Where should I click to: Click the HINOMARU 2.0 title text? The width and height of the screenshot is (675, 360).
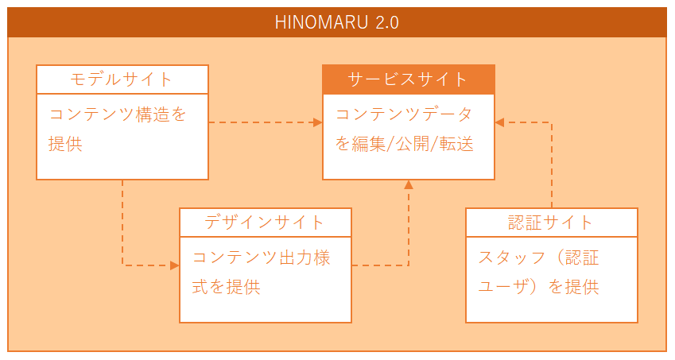coord(336,22)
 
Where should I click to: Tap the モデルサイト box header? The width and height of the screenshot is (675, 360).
coord(122,79)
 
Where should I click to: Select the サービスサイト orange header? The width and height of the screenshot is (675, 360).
coord(409,79)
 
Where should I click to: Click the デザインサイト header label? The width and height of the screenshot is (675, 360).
coord(264,223)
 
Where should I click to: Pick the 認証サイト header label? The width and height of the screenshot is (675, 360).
coord(551,223)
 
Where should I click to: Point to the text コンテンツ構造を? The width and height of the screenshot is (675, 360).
coord(118,114)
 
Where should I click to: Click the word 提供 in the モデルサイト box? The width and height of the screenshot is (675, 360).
coord(65,144)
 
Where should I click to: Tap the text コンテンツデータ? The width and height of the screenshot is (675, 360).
coord(404,114)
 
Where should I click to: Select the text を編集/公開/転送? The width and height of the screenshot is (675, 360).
coord(404,144)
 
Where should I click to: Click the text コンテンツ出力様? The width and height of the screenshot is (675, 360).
coord(262,257)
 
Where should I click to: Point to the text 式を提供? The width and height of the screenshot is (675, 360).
coord(226,287)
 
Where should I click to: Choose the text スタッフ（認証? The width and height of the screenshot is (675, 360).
coord(538,257)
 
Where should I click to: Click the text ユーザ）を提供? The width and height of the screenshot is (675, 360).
coord(538,287)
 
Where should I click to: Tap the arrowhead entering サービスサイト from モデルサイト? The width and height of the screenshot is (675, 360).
coord(318,122)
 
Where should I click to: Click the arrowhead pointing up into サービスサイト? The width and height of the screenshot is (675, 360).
coord(409,184)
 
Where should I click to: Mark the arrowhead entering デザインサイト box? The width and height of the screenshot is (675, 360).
coord(175,265)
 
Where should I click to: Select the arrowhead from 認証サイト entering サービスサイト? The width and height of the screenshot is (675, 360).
coord(499,122)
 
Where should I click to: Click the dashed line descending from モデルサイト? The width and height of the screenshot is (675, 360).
coord(122,223)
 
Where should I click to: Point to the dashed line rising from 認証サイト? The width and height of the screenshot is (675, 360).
coord(552,165)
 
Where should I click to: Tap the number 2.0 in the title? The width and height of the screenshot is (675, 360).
coord(387,22)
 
